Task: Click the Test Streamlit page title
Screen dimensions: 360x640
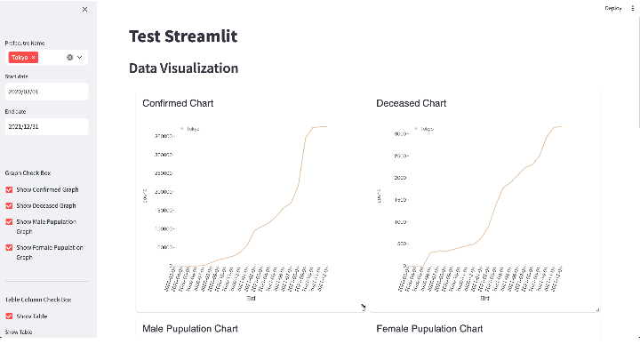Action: (183, 36)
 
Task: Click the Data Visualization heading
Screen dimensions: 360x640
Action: (183, 68)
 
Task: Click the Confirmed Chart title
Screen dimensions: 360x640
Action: (178, 103)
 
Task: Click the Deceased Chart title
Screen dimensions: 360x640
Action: (411, 103)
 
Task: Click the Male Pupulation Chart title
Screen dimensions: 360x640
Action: (190, 329)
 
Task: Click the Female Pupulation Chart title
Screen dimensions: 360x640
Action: (429, 329)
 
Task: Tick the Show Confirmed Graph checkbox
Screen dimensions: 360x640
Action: (9, 189)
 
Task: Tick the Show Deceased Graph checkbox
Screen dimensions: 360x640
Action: (9, 205)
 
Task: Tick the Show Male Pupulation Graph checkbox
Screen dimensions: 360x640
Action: (9, 221)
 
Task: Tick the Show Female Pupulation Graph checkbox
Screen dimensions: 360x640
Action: (9, 247)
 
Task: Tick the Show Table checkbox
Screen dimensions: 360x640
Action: (9, 316)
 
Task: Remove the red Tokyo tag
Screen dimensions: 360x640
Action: (34, 57)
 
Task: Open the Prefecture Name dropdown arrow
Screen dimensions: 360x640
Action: (80, 57)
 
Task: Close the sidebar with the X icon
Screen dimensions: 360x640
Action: (84, 9)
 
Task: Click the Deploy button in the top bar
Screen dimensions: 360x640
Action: (613, 8)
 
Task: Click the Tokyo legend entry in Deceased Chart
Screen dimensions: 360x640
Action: (422, 129)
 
